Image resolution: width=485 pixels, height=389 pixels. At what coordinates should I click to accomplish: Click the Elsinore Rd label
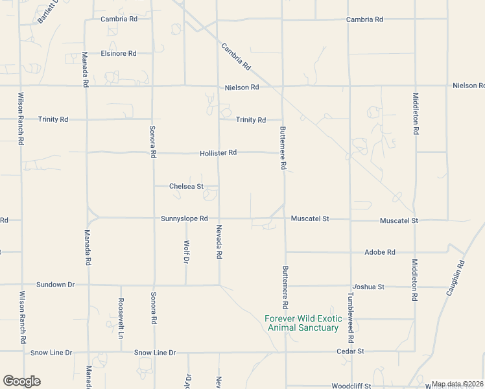pos(119,53)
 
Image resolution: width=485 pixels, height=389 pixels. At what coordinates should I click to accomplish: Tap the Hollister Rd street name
pos(218,152)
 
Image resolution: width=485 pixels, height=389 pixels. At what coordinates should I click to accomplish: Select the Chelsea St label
pos(186,186)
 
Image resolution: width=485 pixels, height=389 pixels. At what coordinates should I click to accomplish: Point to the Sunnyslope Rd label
pos(184,218)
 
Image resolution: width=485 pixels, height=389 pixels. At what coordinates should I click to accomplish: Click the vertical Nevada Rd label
pos(219,242)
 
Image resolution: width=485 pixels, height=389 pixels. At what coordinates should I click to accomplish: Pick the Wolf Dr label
pos(186,252)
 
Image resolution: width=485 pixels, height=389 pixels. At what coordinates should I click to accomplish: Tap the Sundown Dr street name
pos(56,285)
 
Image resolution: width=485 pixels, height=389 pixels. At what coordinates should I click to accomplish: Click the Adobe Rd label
pos(380,252)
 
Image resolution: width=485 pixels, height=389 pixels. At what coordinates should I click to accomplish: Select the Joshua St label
pos(368,286)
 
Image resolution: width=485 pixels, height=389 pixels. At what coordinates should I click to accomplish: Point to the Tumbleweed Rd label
pos(351,318)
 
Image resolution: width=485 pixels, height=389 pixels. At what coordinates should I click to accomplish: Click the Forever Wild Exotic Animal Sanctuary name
pos(303,323)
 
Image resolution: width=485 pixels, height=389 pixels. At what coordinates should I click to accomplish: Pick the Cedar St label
pos(350,351)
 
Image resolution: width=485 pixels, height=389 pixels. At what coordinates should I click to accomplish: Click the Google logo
pos(21,381)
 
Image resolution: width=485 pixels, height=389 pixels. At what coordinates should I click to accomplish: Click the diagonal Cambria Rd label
pos(236,56)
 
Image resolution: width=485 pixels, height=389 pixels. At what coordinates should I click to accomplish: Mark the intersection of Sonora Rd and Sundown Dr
pos(154,285)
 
